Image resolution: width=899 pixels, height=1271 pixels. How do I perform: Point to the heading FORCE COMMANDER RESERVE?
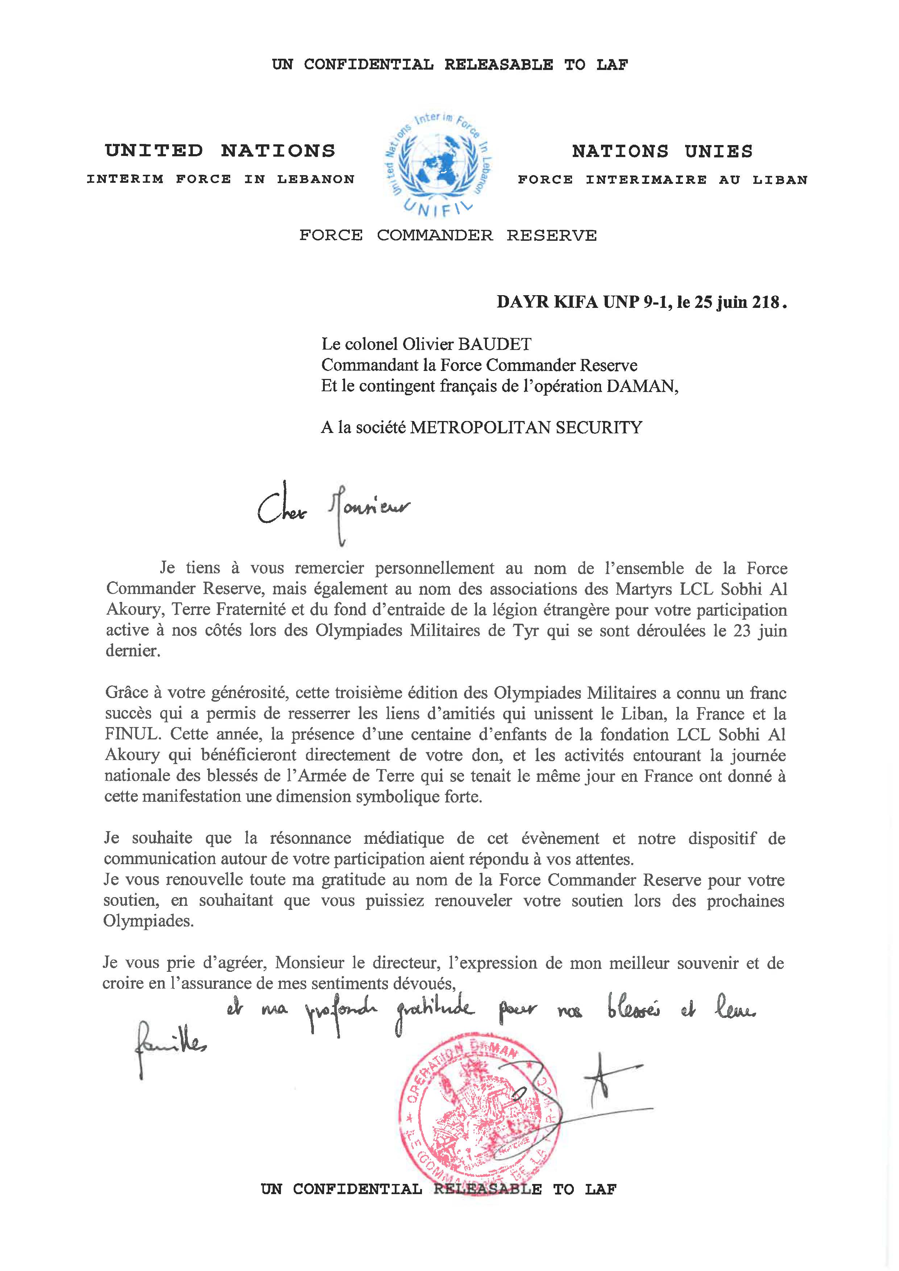point(448,235)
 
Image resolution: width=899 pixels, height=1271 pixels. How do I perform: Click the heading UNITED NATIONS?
point(220,150)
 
